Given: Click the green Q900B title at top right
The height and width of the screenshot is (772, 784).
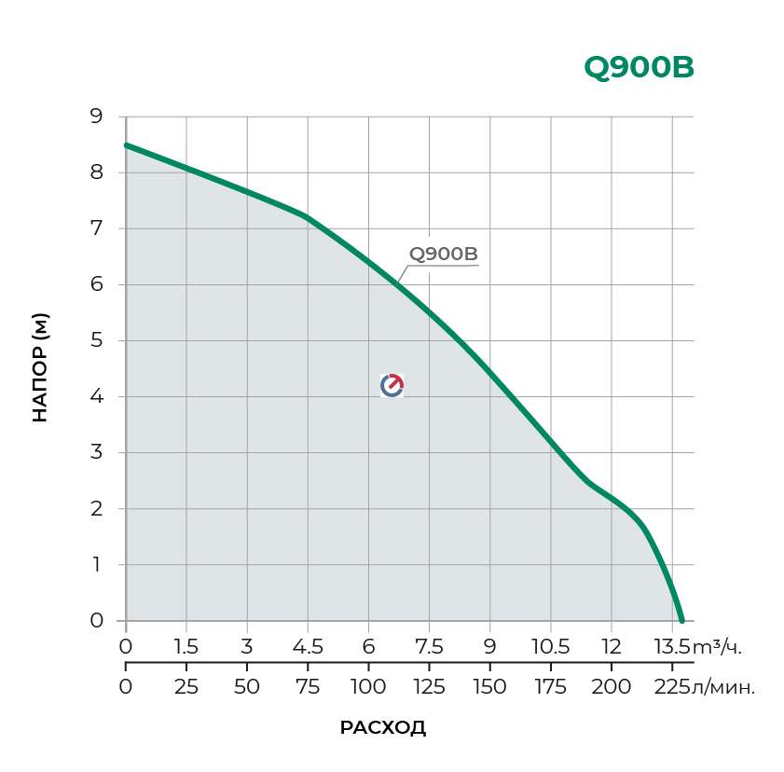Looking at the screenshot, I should point(639,68).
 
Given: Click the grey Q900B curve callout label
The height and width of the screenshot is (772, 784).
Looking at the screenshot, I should point(443,255).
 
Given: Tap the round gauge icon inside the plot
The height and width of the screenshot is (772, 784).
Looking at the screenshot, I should point(392,385).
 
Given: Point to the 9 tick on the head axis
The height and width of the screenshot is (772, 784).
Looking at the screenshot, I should point(96,117).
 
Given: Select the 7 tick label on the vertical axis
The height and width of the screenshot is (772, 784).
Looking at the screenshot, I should point(96,228).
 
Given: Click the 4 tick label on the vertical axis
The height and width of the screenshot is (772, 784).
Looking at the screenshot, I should point(96,396).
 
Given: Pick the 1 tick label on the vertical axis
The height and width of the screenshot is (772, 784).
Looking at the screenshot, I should point(96,565).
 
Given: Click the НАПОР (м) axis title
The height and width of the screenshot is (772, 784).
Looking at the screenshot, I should point(40,368).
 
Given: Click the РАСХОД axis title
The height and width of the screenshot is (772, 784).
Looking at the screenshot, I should point(383,728).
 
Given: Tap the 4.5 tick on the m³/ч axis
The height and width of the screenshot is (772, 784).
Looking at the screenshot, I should point(308,647).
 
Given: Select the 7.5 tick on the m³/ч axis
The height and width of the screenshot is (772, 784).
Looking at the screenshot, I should point(429,647).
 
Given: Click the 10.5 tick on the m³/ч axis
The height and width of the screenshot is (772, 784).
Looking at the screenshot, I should point(550,647).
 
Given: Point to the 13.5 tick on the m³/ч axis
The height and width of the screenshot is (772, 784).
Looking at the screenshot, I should point(671,647).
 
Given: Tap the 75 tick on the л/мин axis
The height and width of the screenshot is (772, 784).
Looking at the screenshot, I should point(308,688).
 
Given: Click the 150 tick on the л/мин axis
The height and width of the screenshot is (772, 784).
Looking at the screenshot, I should point(489,688).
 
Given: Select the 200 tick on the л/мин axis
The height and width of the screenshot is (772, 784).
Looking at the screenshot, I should point(611,688).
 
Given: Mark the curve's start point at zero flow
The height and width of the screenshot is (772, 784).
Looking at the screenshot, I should point(127,145).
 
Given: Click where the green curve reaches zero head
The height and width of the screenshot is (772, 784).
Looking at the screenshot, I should point(681,620).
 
